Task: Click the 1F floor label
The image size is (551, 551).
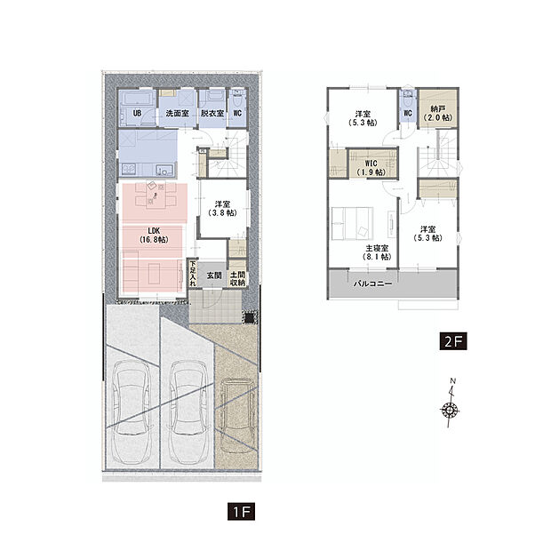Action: click(241, 511)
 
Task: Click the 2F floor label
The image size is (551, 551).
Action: click(453, 341)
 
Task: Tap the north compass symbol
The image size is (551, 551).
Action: click(451, 403)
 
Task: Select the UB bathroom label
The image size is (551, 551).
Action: click(137, 113)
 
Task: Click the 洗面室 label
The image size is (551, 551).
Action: click(178, 113)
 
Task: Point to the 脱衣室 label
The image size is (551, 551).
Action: click(212, 113)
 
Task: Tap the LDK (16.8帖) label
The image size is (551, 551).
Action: click(154, 236)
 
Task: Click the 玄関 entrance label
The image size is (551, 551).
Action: click(213, 275)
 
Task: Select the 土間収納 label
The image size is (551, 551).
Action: click(237, 278)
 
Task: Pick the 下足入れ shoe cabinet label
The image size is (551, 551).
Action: click(193, 274)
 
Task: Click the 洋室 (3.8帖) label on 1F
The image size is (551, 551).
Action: click(222, 208)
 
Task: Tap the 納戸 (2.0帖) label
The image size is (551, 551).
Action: click(437, 113)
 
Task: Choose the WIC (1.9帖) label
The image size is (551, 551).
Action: click(371, 168)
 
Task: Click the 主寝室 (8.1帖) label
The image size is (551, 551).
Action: click(377, 252)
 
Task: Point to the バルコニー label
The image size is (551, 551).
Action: click(372, 283)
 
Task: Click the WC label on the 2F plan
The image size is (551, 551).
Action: click(408, 113)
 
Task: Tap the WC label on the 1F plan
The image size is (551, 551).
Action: click(237, 113)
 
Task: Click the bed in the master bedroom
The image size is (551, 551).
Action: click(353, 223)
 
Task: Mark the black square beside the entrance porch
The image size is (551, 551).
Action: click(249, 317)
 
